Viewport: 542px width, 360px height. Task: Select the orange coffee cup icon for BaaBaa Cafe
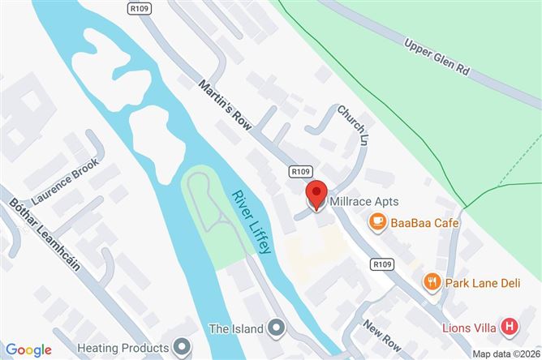coord(376,221)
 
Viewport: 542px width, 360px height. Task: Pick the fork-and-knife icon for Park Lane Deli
coord(432,282)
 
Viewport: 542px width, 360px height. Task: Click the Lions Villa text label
coord(470,328)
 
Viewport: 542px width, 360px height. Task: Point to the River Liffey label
coord(252,223)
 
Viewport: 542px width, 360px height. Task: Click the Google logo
coord(28,349)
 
